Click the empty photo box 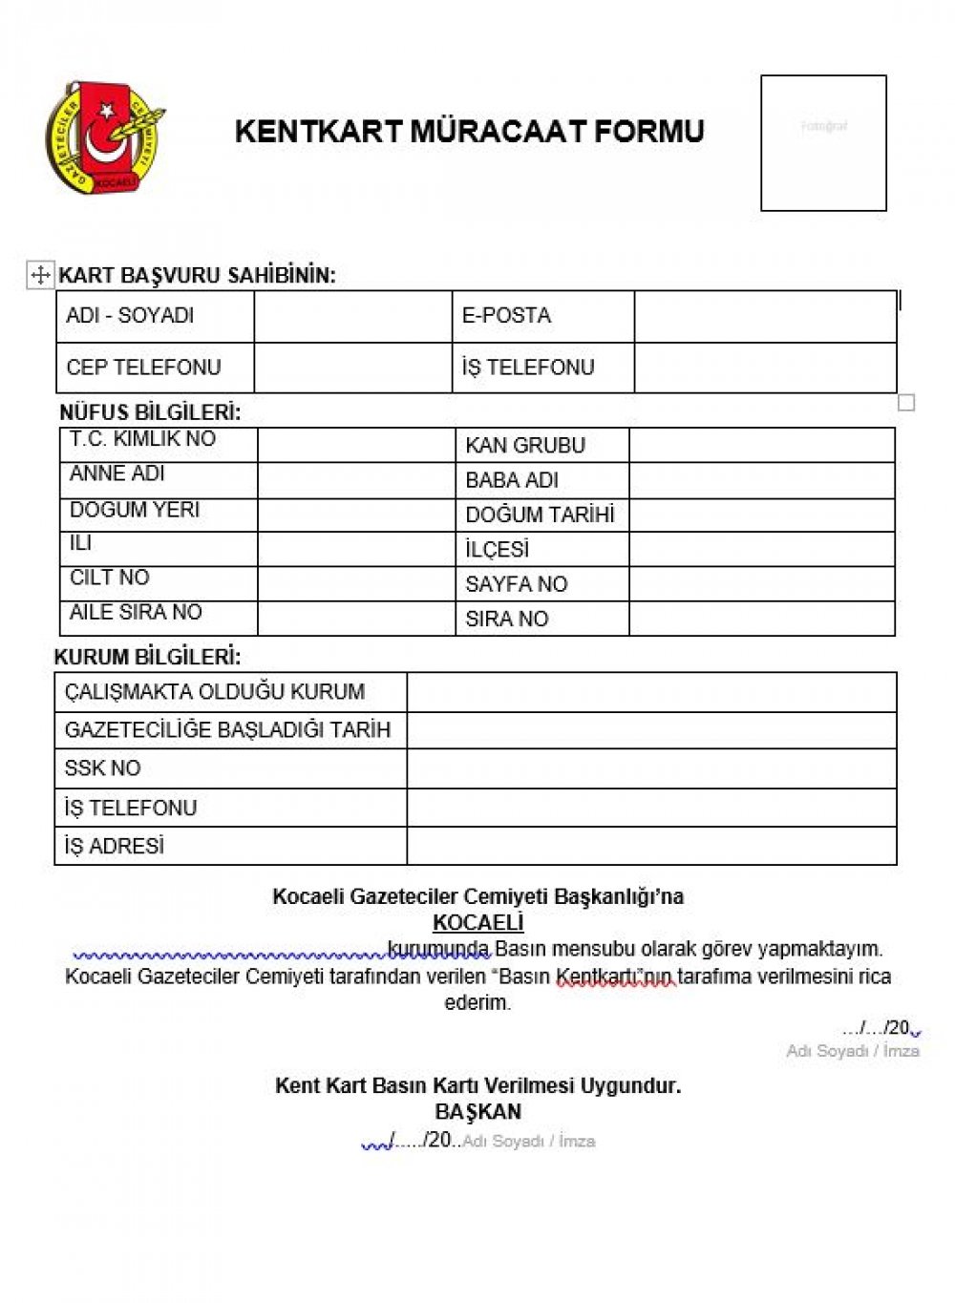point(823,143)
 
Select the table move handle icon point(40,276)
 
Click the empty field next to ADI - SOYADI point(352,316)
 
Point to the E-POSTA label point(506,316)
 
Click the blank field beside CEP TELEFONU point(352,368)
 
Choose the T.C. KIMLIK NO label point(142,439)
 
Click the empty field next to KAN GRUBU point(761,446)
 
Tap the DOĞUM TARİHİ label point(540,515)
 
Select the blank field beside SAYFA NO point(761,584)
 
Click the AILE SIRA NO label point(136,613)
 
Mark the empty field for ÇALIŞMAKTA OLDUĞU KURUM point(651,692)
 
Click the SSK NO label point(102,768)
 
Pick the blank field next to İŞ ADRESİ point(651,846)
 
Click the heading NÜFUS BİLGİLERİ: point(150,412)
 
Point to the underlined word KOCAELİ point(477,923)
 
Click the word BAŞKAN point(477,1112)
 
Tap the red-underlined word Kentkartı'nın point(615,977)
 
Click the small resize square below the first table point(906,403)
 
